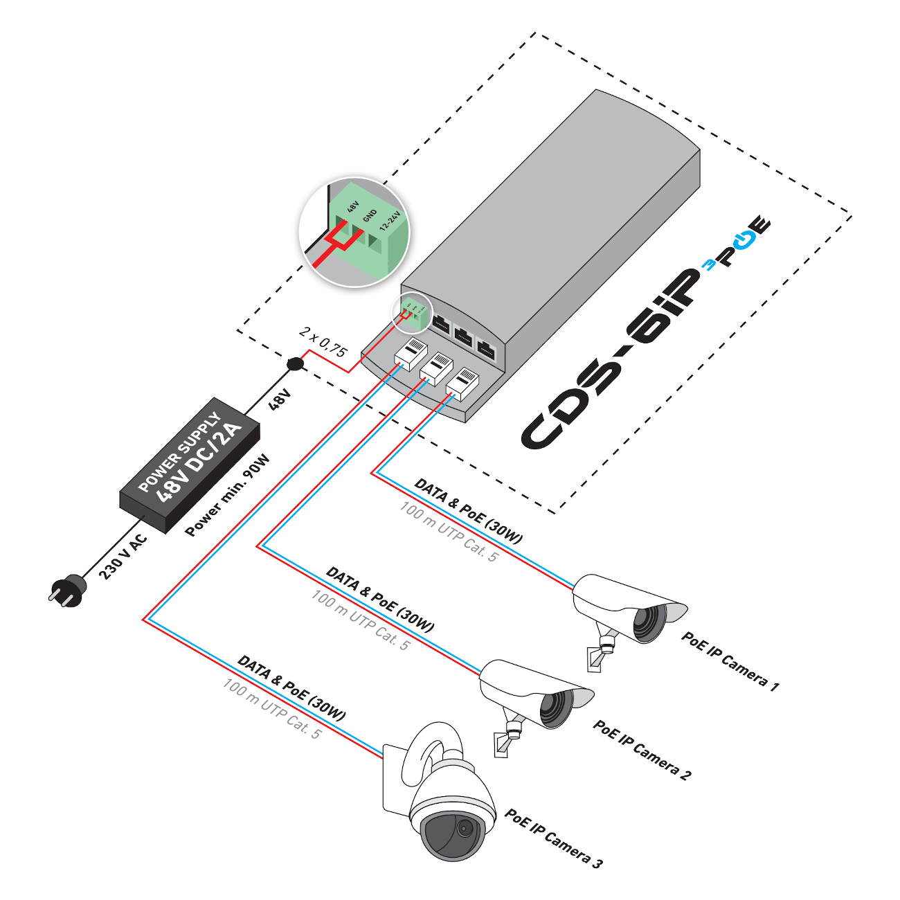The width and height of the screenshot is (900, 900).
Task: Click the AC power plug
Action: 67,592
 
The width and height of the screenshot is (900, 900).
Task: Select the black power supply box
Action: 190,465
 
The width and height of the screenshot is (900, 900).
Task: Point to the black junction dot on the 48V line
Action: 296,364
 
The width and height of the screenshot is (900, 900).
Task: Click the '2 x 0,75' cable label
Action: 323,342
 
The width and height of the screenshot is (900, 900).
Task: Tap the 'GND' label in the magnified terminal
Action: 370,216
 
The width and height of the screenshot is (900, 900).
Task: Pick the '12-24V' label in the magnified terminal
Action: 389,222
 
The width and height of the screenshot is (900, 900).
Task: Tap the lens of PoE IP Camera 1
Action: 649,622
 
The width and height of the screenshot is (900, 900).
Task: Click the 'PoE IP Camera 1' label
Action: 730,661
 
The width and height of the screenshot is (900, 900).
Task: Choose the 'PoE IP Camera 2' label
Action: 642,750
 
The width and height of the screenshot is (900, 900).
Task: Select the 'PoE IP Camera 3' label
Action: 553,838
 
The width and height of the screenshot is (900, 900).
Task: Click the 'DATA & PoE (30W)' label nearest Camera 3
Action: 291,688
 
